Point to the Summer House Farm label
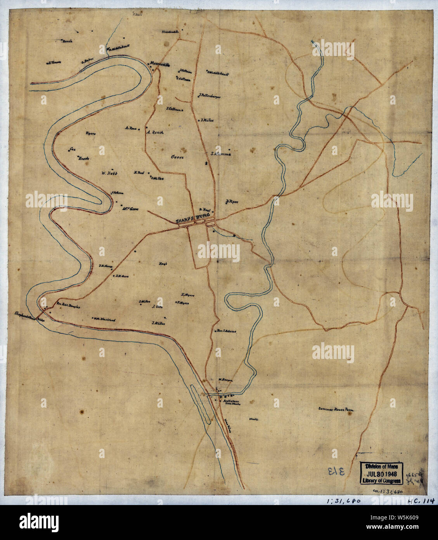click(337, 409)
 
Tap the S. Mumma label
click(221, 154)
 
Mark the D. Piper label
click(231, 202)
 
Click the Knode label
click(84, 159)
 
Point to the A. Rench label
click(155, 132)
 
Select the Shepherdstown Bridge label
click(29, 314)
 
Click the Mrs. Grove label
click(130, 208)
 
